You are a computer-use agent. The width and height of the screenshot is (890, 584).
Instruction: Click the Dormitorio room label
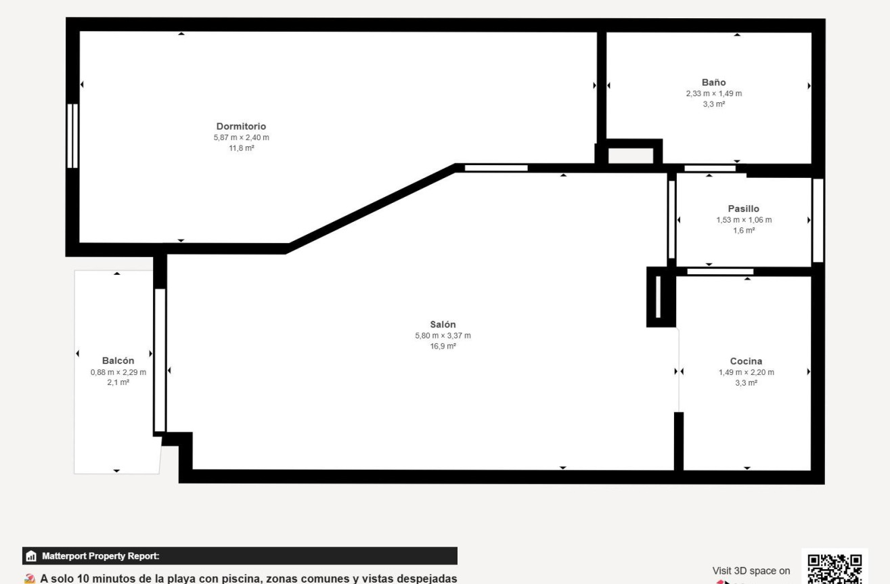241,127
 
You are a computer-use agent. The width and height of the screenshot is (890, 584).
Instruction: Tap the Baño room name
713,83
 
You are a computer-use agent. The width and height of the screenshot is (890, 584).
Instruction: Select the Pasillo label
743,208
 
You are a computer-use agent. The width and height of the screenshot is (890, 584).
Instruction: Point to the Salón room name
443,324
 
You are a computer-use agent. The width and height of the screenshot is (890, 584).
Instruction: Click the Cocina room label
746,361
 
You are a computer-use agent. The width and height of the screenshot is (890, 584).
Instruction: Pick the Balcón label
118,361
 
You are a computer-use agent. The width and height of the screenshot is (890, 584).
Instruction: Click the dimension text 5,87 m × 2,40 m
241,137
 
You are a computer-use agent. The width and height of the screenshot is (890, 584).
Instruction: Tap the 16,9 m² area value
443,346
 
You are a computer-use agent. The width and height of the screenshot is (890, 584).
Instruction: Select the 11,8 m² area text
241,148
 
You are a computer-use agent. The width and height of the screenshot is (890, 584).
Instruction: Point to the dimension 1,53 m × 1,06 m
744,220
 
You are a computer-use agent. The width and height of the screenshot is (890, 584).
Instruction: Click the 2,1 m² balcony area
118,382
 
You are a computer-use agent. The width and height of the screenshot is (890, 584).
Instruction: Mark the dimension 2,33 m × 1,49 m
713,93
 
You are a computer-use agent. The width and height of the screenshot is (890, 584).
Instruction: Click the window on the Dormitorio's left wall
72,136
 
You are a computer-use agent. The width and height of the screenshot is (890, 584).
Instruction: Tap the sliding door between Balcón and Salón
160,360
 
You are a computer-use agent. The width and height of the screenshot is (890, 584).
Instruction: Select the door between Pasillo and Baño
709,169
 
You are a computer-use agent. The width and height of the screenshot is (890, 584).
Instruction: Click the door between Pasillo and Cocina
720,271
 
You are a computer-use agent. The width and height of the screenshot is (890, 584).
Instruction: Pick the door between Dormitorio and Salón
496,168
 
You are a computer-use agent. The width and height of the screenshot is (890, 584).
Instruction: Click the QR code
835,569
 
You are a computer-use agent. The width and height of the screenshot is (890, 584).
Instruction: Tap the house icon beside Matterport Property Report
31,556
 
